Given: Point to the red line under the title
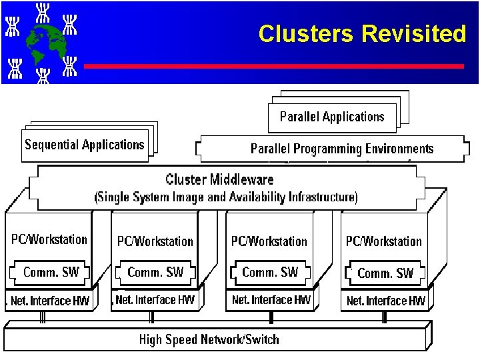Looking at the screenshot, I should (273, 66).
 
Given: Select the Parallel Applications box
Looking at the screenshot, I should (332, 117).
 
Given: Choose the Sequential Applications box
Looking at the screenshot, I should (85, 145).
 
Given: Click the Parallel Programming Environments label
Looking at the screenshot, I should (341, 149).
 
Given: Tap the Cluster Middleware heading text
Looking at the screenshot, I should (219, 179).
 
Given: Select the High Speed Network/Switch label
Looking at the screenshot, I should (209, 339).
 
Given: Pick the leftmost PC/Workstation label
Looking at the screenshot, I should (49, 239).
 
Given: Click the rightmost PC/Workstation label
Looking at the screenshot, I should (383, 241).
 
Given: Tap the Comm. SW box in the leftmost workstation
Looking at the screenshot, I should (51, 272).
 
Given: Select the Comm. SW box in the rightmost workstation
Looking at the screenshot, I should (385, 273).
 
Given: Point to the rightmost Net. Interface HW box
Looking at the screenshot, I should (385, 301).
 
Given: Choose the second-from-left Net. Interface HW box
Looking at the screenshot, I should (155, 300).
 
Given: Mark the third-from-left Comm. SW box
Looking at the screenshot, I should (270, 272).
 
